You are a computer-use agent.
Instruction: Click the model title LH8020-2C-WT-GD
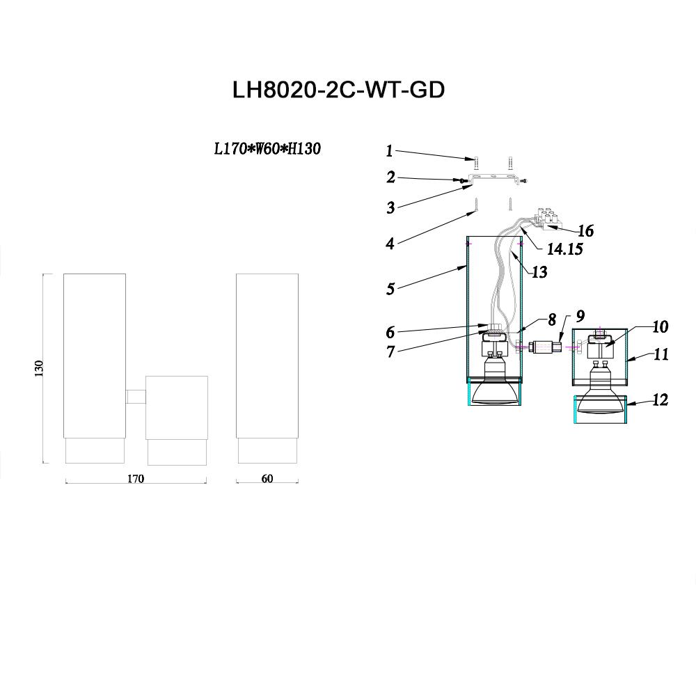[338, 91]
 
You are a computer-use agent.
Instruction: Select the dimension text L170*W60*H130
[267, 149]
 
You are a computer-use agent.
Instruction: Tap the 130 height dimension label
[39, 368]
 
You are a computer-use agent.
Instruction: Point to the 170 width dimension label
[135, 479]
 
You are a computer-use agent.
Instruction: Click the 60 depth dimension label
[267, 479]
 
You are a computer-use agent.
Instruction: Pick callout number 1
[390, 150]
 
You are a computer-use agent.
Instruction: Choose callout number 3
[390, 207]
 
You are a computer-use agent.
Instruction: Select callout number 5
[390, 288]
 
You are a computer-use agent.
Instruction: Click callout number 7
[390, 352]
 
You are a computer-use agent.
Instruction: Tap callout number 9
[580, 316]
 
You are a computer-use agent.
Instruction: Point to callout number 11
[661, 355]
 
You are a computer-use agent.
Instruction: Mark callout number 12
[661, 400]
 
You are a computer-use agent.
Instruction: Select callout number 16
[585, 230]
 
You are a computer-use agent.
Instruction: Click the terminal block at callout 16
[548, 216]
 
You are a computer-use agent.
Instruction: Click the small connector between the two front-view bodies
[136, 397]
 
